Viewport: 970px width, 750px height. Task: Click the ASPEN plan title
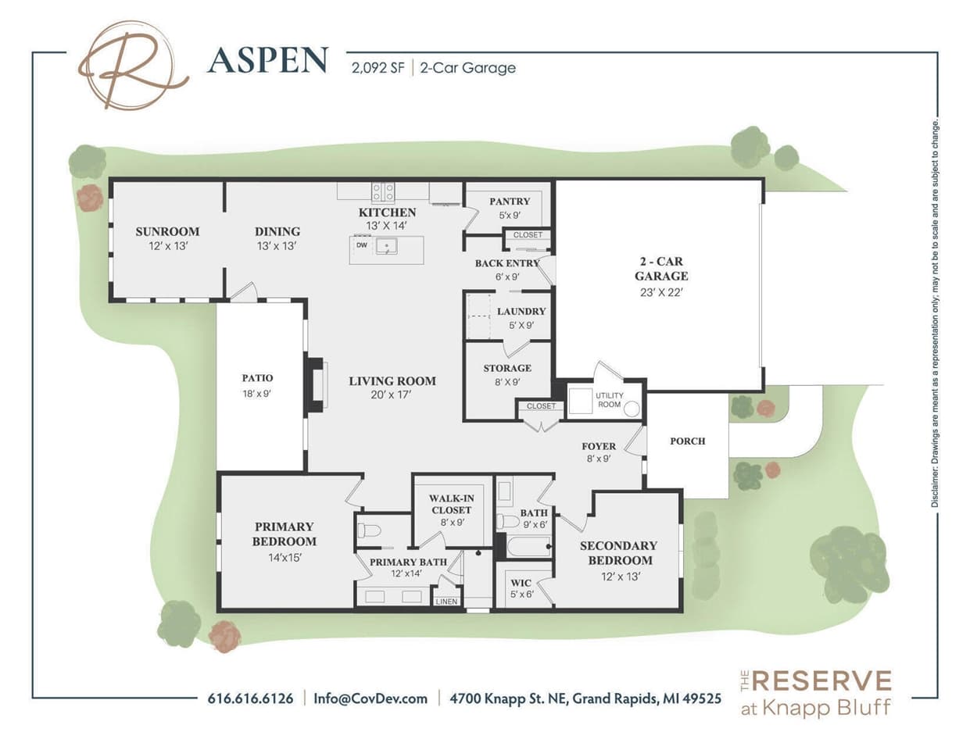pyautogui.click(x=267, y=61)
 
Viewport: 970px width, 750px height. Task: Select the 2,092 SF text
pyautogui.click(x=378, y=68)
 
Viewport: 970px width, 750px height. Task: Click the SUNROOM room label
pyautogui.click(x=167, y=231)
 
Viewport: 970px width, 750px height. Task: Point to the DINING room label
pyautogui.click(x=277, y=231)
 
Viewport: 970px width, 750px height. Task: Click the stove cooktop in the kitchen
pyautogui.click(x=382, y=191)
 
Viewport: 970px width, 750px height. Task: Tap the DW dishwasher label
pyautogui.click(x=361, y=245)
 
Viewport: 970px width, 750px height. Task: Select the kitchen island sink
pyautogui.click(x=386, y=247)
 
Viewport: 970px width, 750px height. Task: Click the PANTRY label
pyautogui.click(x=509, y=202)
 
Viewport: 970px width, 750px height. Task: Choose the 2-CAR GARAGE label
pyautogui.click(x=660, y=269)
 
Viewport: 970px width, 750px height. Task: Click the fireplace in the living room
pyautogui.click(x=316, y=384)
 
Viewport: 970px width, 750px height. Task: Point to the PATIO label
pyautogui.click(x=257, y=378)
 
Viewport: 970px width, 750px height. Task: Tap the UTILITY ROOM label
pyautogui.click(x=609, y=400)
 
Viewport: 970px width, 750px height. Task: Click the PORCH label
pyautogui.click(x=687, y=441)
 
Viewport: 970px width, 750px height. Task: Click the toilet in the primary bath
pyautogui.click(x=369, y=531)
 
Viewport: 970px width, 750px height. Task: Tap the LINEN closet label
pyautogui.click(x=446, y=601)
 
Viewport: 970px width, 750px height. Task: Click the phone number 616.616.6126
pyautogui.click(x=250, y=698)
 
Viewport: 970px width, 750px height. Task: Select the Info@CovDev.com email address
pyautogui.click(x=370, y=698)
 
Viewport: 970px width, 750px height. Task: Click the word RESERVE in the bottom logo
pyautogui.click(x=821, y=680)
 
